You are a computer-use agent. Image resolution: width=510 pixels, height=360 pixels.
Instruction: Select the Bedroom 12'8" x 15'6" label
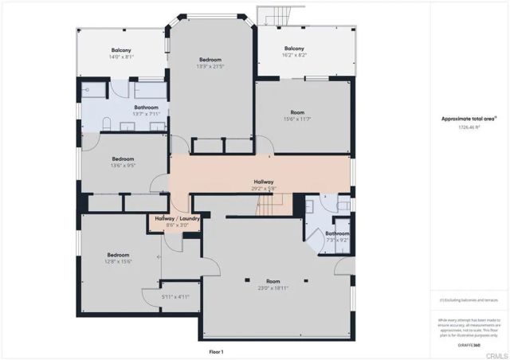118,257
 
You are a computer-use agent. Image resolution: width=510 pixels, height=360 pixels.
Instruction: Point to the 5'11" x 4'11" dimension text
175,297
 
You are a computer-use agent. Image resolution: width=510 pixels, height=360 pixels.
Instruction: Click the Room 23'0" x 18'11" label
273,284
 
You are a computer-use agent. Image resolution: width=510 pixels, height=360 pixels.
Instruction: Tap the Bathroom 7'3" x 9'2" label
337,237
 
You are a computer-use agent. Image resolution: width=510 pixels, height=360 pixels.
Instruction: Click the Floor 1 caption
216,351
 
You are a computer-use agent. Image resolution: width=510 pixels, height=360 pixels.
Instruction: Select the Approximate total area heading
469,119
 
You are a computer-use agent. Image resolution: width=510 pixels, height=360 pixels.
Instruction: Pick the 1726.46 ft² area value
469,127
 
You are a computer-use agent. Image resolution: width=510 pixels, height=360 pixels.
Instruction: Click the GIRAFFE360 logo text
469,346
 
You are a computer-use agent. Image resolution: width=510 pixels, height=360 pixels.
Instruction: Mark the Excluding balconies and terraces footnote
470,300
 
